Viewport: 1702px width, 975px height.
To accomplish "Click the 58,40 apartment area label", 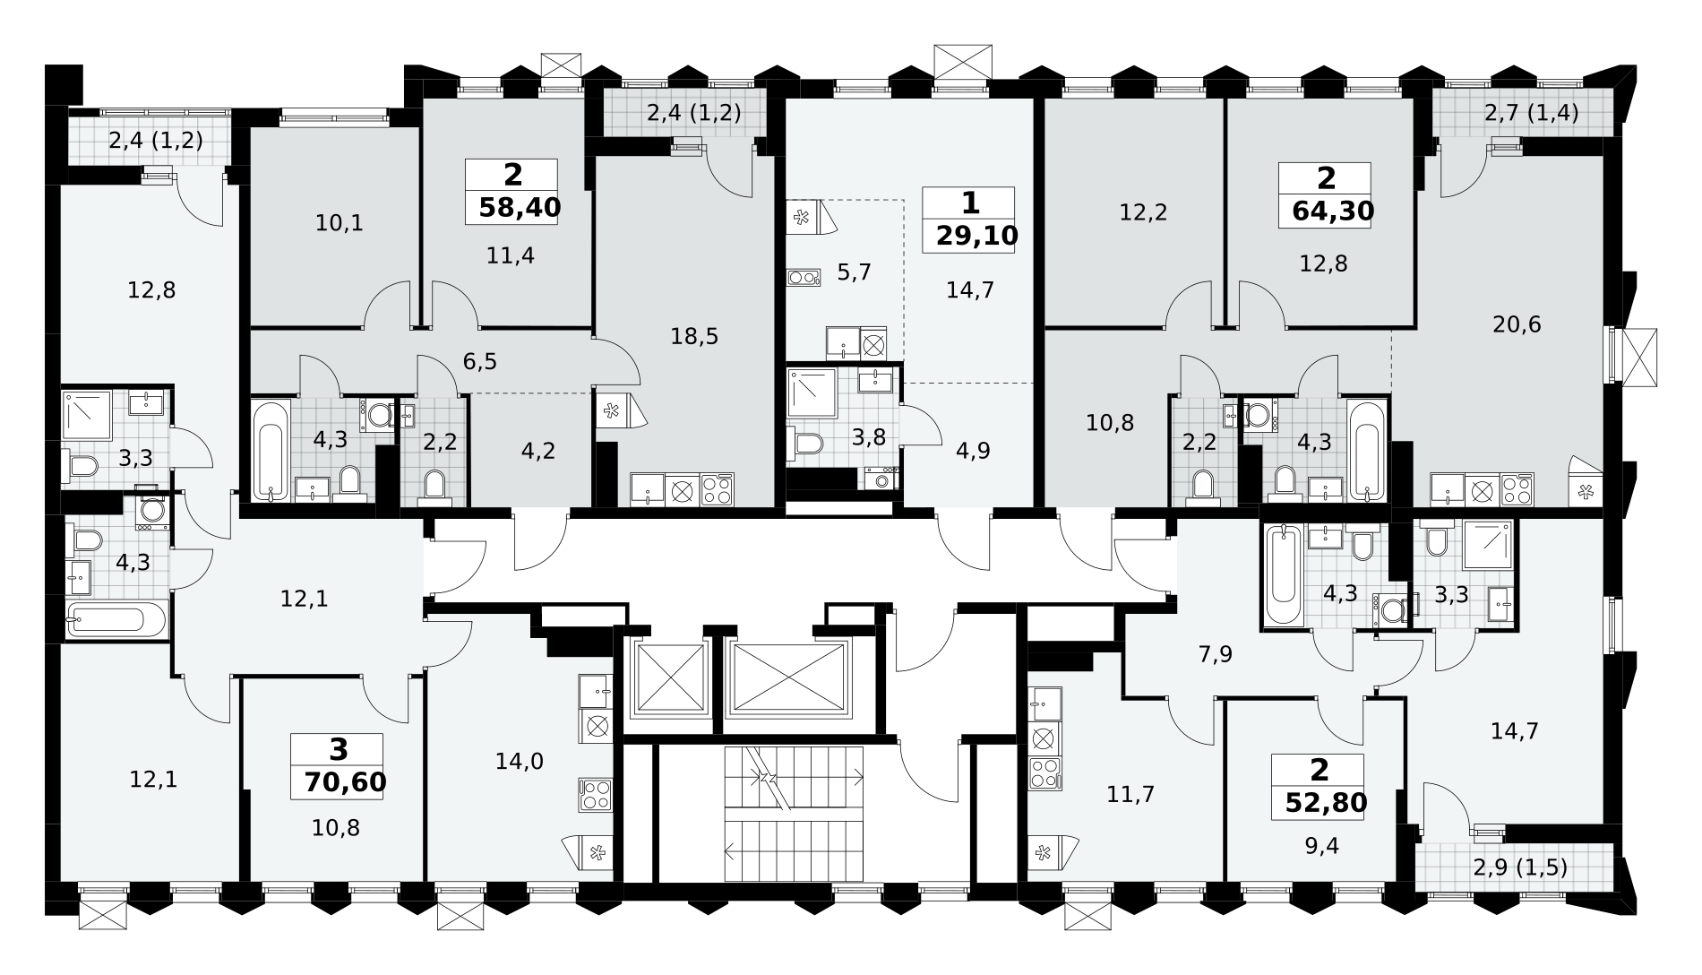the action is click(x=520, y=208).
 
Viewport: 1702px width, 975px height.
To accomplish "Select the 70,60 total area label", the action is click(x=345, y=782).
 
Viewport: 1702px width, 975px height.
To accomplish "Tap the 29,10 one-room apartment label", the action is click(x=977, y=236).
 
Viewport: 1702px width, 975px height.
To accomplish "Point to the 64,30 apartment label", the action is click(x=1333, y=211).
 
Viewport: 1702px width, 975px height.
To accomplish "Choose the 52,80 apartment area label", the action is click(x=1326, y=803).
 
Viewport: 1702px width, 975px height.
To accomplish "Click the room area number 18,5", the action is click(x=695, y=337).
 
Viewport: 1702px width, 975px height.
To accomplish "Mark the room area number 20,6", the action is click(x=1517, y=324).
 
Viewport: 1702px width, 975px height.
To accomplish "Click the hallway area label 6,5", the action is click(x=479, y=362).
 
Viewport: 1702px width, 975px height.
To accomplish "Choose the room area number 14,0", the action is click(x=520, y=762).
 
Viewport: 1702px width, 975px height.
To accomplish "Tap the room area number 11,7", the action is click(x=1130, y=794).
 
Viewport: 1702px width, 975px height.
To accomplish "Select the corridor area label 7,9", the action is click(x=1216, y=655).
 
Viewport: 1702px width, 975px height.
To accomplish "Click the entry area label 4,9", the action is click(x=973, y=451).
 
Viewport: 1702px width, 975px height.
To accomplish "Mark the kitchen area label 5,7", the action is click(x=854, y=272).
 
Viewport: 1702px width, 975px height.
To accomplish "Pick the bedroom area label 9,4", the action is click(x=1322, y=845).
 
